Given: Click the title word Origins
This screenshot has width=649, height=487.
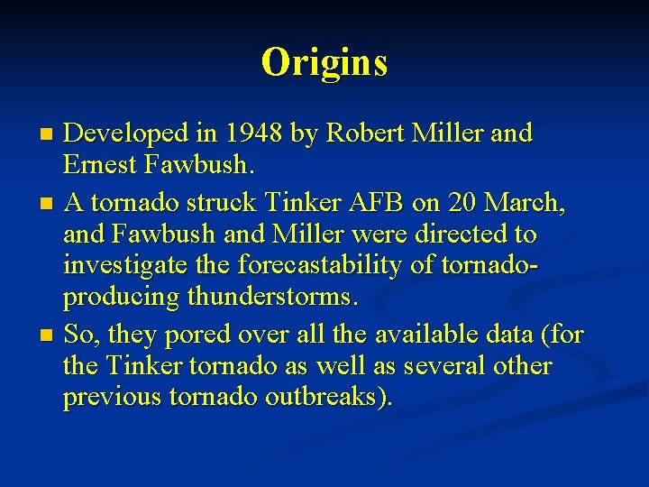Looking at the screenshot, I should pyautogui.click(x=324, y=62).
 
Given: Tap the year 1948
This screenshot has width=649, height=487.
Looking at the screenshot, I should pyautogui.click(x=251, y=133).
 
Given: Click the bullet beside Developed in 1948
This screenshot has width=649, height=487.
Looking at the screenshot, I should pyautogui.click(x=48, y=135).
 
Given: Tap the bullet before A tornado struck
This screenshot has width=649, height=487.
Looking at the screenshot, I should pyautogui.click(x=48, y=203).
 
